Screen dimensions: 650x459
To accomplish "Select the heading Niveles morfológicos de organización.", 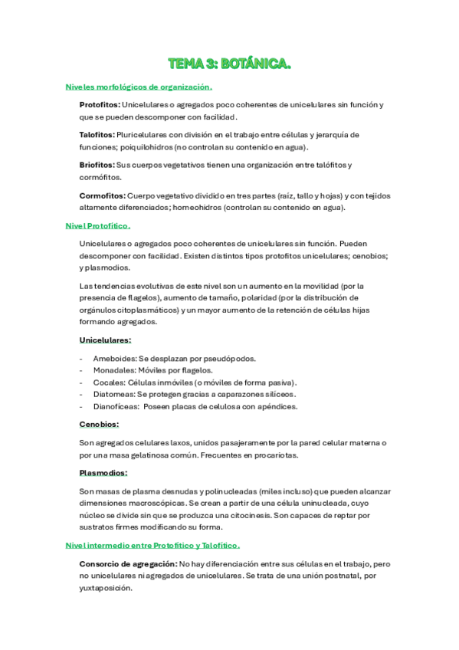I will click(139, 87).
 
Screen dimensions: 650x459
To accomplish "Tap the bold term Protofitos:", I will click(100, 104).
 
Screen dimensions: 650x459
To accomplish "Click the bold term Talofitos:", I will click(97, 134).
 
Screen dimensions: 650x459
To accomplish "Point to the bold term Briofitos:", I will click(97, 165).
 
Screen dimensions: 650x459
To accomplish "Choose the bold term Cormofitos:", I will click(103, 195).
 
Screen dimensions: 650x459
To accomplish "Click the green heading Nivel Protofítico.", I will click(98, 226).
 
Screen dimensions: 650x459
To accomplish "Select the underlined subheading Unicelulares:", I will click(105, 340).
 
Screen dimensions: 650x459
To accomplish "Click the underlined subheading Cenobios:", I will click(99, 424).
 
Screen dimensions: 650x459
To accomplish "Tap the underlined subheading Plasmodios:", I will click(103, 473).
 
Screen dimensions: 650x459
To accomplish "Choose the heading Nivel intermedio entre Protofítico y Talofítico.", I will click(153, 545).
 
